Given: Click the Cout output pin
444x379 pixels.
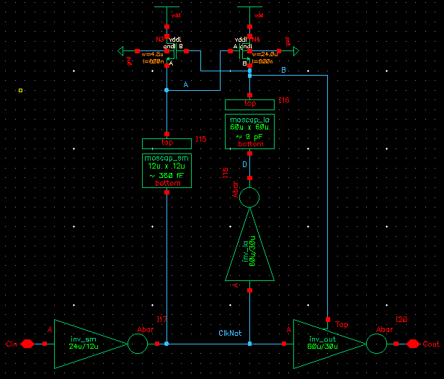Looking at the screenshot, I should click(413, 344).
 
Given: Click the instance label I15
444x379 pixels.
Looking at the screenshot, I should click(202, 139).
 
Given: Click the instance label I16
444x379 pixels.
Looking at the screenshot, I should click(284, 101).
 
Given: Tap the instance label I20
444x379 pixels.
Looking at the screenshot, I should click(401, 319).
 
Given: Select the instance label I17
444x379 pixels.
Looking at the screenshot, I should click(161, 319).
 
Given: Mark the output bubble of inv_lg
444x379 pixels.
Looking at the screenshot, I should click(249, 197).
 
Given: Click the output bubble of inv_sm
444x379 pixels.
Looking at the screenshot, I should click(138, 344).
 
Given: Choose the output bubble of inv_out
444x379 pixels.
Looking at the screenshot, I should click(377, 344).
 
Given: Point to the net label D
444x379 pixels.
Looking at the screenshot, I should click(244, 164).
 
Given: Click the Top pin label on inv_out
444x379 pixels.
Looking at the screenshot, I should click(341, 325).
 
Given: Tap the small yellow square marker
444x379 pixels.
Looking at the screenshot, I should click(20, 90).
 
